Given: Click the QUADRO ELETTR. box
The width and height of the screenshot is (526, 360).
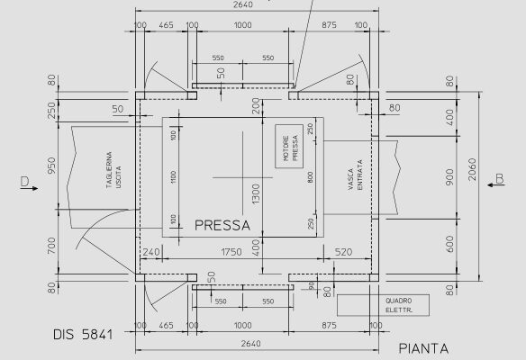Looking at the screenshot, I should click(396, 305).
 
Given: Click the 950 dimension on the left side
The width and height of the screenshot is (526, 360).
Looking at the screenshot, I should click(53, 167).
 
